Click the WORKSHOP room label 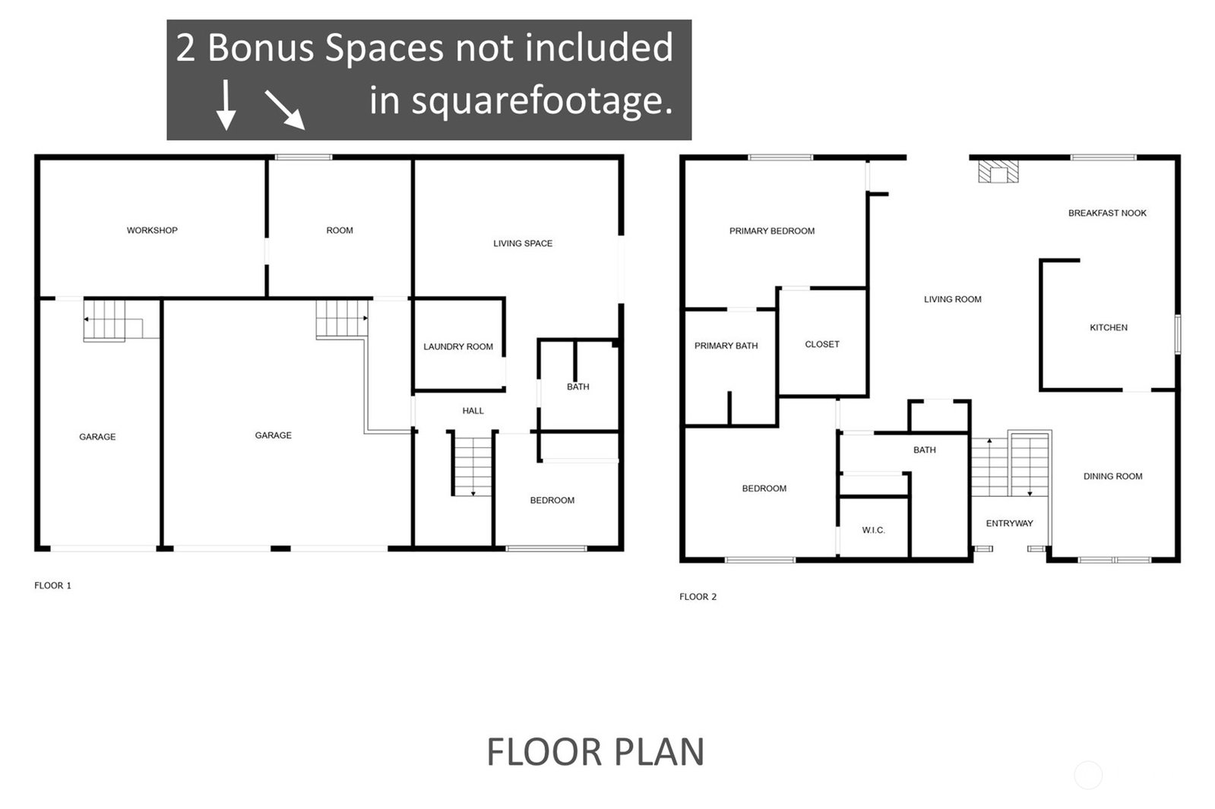pos(152,230)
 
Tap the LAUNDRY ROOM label pos(458,346)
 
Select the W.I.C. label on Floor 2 pos(873,530)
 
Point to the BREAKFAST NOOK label pos(1107,213)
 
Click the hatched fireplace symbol pos(998,172)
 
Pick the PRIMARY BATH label pos(726,346)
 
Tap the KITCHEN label pos(1109,327)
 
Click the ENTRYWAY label pos(1009,523)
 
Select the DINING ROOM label pos(1113,476)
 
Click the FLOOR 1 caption pos(52,586)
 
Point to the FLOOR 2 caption pos(698,596)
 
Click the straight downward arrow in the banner pos(226,105)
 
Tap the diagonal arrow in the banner pos(285,111)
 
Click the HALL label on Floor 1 pos(473,411)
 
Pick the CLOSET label pos(822,344)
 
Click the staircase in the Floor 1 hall pos(473,466)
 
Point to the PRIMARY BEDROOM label pos(772,231)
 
